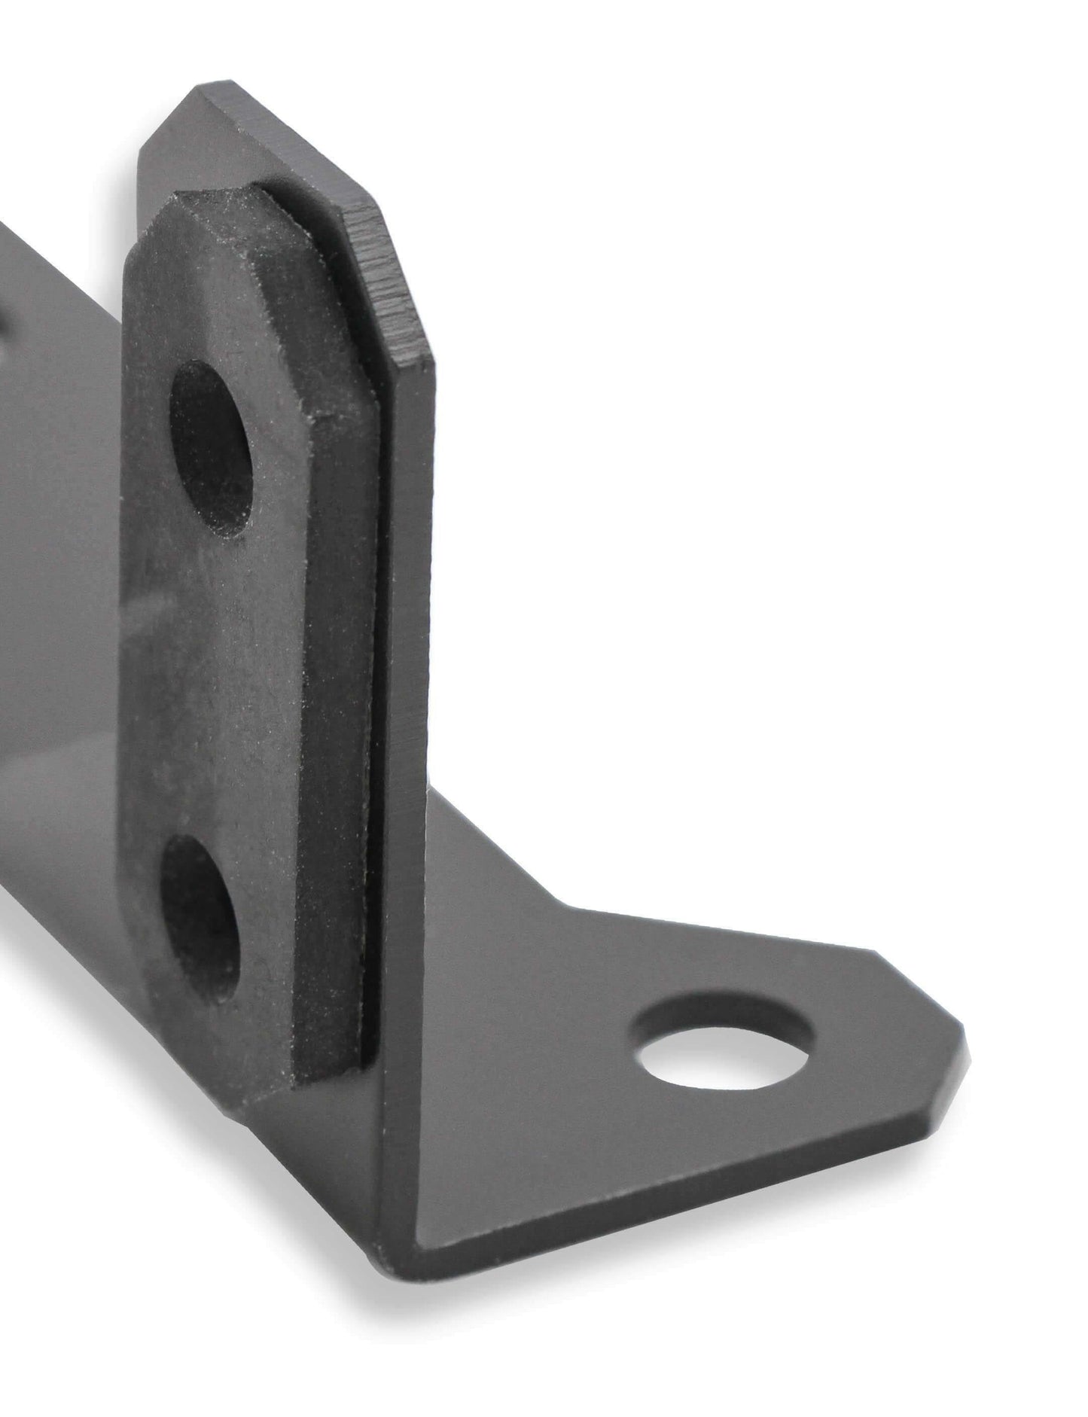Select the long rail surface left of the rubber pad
point(60,678)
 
